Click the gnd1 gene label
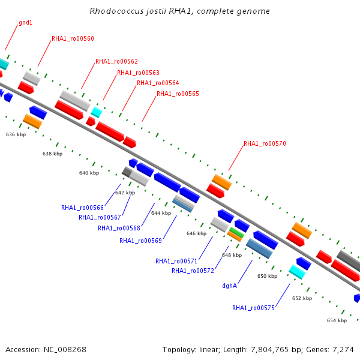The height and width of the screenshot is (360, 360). click(x=25, y=23)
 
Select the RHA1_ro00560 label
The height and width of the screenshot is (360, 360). click(x=73, y=38)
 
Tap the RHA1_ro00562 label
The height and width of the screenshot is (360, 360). click(x=116, y=61)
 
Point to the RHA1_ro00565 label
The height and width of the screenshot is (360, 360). click(x=178, y=94)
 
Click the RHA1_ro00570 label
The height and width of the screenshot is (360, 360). click(x=265, y=143)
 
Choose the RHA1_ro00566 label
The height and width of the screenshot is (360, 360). click(x=82, y=208)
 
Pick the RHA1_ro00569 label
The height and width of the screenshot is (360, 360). click(x=141, y=241)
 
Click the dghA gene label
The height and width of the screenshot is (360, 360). click(x=230, y=286)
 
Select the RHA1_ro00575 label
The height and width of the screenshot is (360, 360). click(x=253, y=308)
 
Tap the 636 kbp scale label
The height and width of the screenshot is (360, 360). click(x=16, y=134)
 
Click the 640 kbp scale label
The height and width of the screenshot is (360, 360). click(x=89, y=173)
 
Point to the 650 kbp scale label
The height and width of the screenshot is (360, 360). click(x=267, y=276)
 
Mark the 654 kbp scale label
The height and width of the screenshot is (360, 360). click(x=337, y=320)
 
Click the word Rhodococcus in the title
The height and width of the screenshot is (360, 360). click(x=116, y=11)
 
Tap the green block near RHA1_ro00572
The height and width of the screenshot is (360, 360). click(x=237, y=232)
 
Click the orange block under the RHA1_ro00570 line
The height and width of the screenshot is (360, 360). click(x=222, y=182)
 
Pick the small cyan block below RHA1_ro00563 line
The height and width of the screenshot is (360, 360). click(x=97, y=112)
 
